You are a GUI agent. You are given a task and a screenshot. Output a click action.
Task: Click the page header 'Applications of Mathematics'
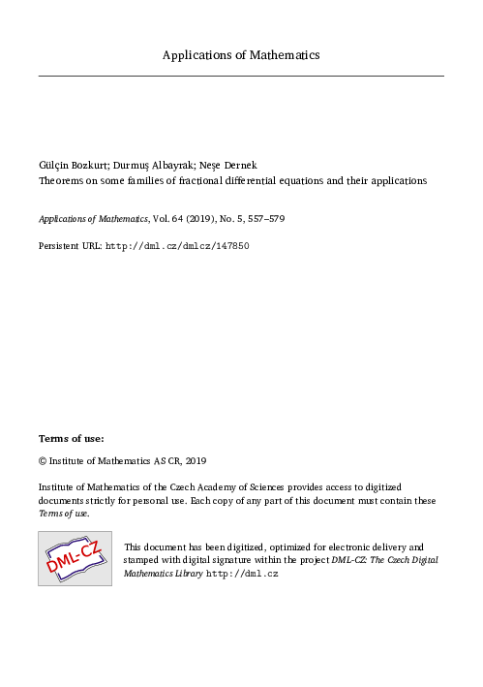tap(241, 55)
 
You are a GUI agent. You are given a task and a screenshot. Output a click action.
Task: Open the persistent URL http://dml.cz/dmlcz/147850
tap(177, 246)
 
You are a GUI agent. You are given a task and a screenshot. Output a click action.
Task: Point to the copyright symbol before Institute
tap(43, 461)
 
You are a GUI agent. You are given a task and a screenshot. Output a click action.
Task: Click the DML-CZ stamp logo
tap(75, 558)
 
